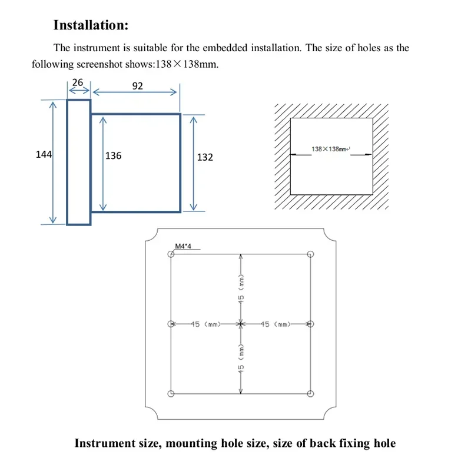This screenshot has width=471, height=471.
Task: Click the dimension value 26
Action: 78,83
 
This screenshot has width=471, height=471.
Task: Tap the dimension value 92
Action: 137,86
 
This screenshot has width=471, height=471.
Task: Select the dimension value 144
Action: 44,155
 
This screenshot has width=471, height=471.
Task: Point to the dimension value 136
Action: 113,156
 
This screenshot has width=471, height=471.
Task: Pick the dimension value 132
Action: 205,157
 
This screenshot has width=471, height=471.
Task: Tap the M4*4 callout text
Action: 184,247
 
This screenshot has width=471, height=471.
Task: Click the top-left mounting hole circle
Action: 171,254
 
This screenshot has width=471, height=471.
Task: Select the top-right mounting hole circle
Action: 311,254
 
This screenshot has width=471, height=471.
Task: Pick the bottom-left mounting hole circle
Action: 171,393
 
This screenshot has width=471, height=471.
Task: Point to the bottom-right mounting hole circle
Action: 311,393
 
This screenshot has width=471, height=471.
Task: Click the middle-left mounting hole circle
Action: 171,324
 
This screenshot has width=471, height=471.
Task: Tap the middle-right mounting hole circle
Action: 311,324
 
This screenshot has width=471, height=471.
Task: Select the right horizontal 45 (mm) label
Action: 275,324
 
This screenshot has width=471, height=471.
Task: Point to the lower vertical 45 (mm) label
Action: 241,359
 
